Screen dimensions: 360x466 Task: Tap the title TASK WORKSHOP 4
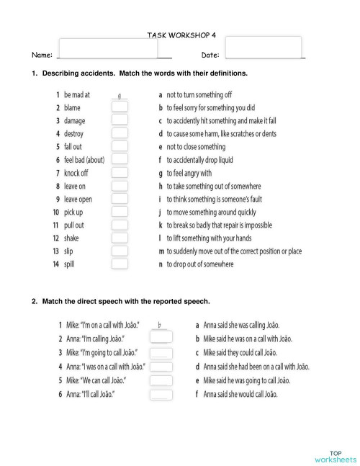[180, 34]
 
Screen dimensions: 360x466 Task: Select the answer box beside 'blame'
[120, 107]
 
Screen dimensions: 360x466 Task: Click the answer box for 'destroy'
[120, 133]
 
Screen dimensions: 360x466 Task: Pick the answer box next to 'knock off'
[120, 173]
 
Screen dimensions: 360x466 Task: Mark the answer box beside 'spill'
[120, 264]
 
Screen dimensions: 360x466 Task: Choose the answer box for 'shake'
[120, 238]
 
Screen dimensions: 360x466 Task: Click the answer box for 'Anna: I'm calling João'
[161, 339]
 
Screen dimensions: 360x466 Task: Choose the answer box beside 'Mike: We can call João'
[161, 380]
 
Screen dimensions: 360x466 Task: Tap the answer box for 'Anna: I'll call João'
[161, 394]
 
